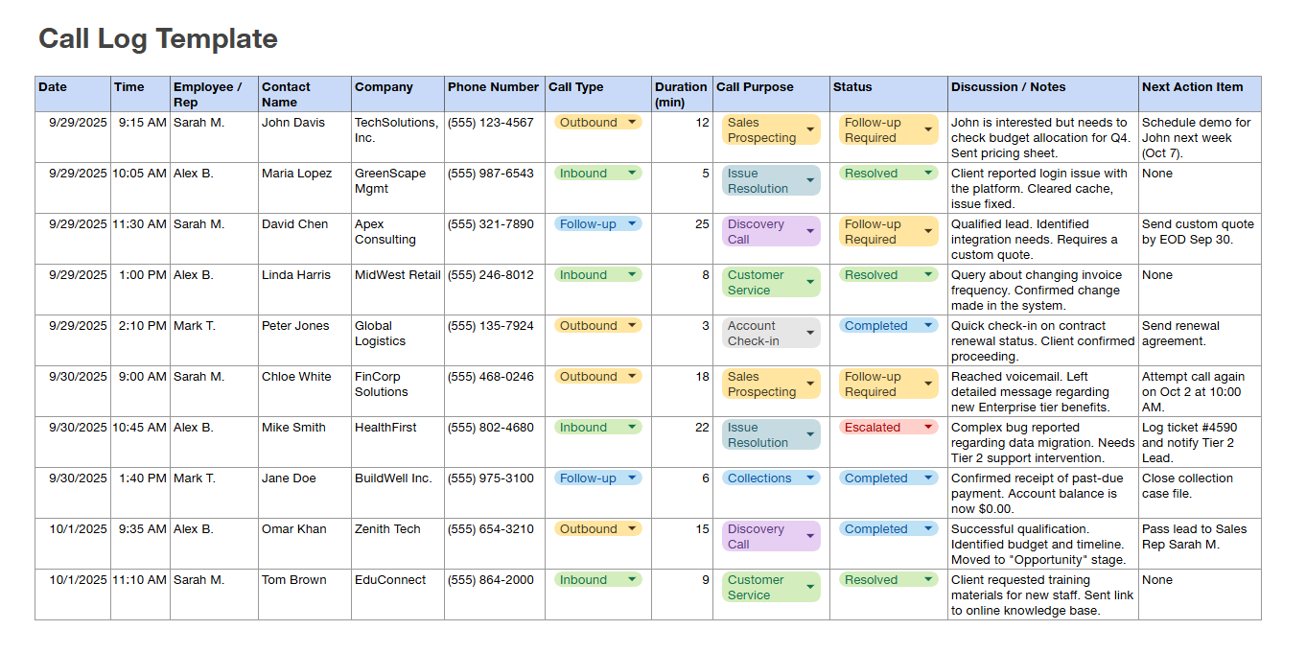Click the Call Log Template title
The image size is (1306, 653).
coord(158,39)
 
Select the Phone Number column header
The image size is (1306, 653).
coord(493,87)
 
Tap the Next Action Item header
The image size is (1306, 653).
coord(1192,87)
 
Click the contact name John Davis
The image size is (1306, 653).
coord(293,123)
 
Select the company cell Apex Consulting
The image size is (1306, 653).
coord(385,232)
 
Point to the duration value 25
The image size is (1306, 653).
coord(702,224)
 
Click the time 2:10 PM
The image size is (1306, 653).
coord(143,326)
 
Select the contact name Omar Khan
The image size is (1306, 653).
coord(294,529)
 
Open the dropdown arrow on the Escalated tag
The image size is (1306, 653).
coord(928,428)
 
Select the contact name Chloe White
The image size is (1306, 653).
coord(296,377)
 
